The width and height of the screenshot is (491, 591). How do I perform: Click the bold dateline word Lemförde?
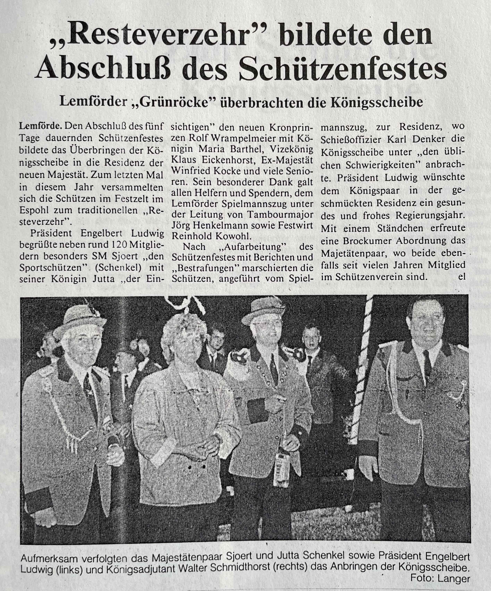click(41, 126)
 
